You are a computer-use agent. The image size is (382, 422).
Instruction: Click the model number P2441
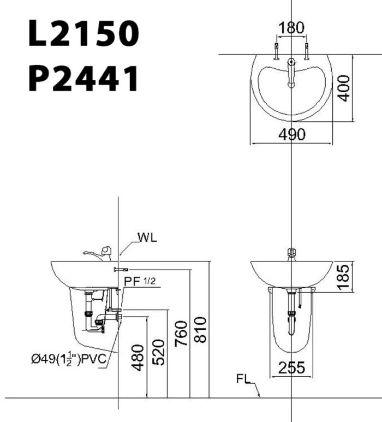(x=83, y=79)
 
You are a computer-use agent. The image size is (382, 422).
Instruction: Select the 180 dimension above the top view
(x=292, y=27)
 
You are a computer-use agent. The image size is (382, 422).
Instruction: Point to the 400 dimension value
(x=343, y=87)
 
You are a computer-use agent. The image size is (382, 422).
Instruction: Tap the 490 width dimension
(x=292, y=135)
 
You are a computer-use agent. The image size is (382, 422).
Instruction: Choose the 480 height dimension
(x=138, y=358)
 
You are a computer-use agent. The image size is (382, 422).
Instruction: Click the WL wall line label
(x=147, y=237)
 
